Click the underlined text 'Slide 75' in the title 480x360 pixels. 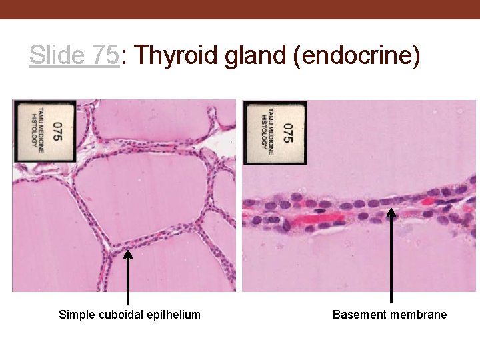[x=74, y=56]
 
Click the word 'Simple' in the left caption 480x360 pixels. [x=75, y=315]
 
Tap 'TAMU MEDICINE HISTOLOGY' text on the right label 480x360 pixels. [x=266, y=132]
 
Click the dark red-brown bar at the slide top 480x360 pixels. [x=240, y=9]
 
